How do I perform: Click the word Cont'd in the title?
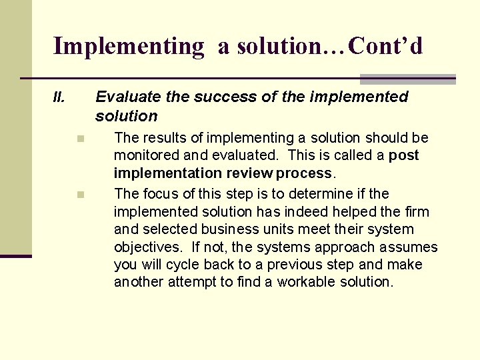(x=385, y=46)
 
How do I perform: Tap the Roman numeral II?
(x=59, y=98)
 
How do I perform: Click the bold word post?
(x=404, y=156)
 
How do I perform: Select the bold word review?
(x=249, y=173)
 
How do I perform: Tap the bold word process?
(x=303, y=173)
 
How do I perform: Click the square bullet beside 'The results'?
(x=79, y=139)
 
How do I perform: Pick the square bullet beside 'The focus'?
(x=79, y=195)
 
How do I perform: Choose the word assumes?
(x=409, y=248)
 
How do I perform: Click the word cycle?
(x=183, y=265)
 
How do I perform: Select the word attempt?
(x=190, y=282)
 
